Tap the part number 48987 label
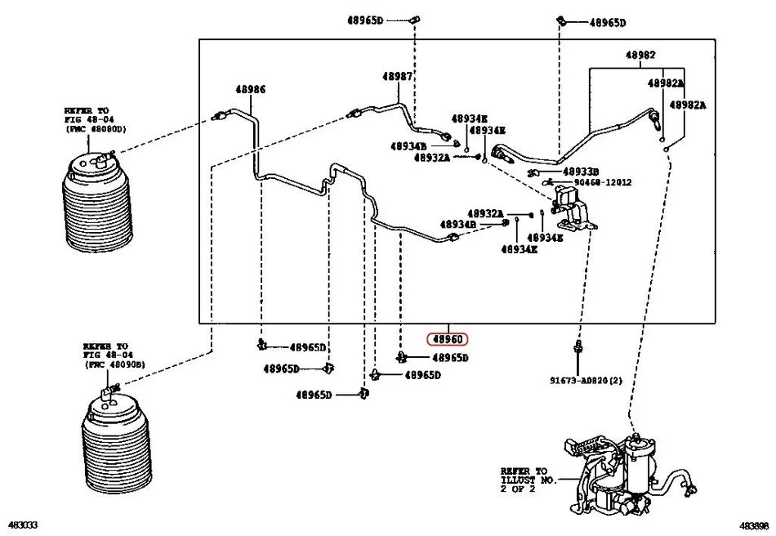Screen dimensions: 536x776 click(398, 76)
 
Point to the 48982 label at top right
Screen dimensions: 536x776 click(641, 56)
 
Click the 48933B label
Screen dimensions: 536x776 click(581, 171)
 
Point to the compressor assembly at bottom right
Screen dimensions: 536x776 click(621, 478)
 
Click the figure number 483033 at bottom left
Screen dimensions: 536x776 click(24, 524)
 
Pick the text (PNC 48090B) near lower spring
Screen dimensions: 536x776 click(114, 364)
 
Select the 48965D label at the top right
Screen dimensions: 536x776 click(607, 23)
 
